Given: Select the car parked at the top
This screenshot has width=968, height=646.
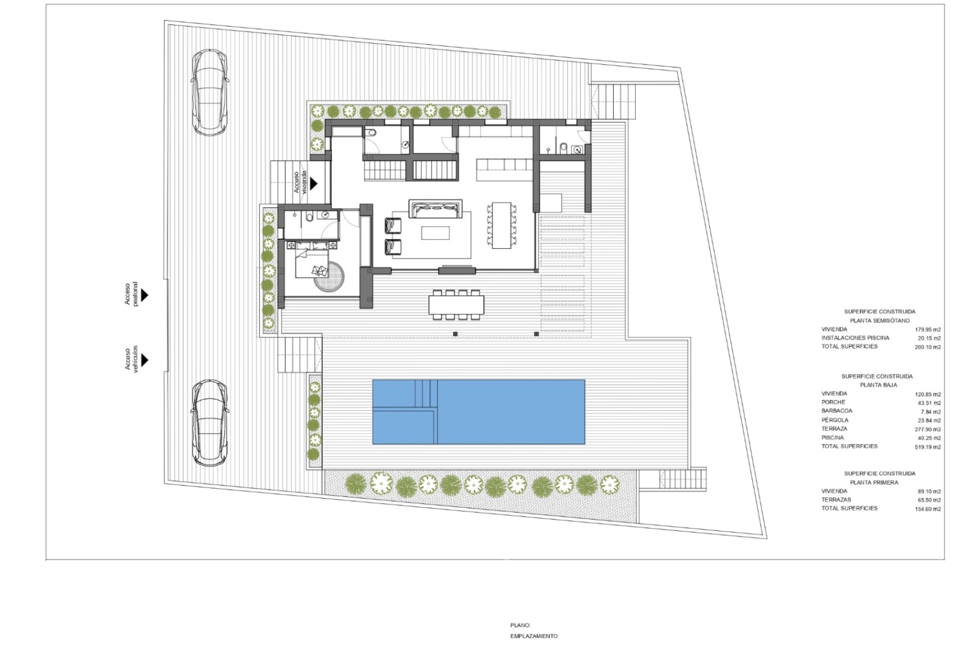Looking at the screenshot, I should (210, 92).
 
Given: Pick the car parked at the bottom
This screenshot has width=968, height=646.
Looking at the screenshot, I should (210, 422).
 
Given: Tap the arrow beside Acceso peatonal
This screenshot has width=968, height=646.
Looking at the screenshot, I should (145, 295).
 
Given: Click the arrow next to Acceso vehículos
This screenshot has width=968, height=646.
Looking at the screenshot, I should (145, 360).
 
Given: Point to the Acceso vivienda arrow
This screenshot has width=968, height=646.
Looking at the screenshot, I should (314, 183).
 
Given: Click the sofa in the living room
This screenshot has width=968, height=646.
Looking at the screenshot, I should (436, 208).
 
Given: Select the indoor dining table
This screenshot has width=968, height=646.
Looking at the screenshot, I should (502, 225).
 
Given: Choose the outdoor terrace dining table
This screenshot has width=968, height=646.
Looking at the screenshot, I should (456, 304).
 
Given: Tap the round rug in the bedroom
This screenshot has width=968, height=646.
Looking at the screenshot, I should (330, 276).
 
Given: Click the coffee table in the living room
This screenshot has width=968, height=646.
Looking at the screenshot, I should (435, 233).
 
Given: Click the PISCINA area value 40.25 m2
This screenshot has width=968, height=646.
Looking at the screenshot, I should (929, 438).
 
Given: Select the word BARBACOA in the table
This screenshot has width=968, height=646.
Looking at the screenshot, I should (837, 411).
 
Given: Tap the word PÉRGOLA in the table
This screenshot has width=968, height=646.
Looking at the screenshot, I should (835, 420).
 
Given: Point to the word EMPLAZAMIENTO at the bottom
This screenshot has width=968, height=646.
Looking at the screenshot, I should (534, 636).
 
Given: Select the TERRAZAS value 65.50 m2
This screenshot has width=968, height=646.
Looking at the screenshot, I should (929, 500).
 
